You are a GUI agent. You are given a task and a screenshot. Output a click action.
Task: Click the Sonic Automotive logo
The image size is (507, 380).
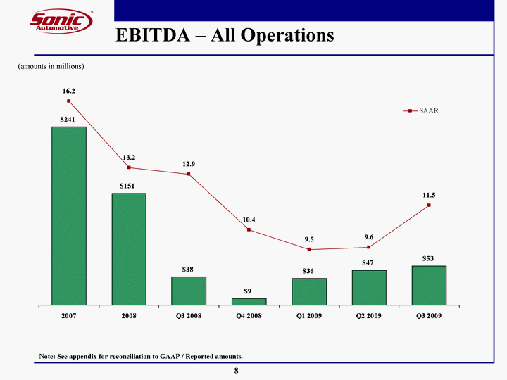pyautogui.click(x=61, y=20)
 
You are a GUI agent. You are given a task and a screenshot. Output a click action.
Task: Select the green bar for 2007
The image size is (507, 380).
pyautogui.click(x=69, y=215)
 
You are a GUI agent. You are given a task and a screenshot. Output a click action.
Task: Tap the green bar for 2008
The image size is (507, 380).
pyautogui.click(x=129, y=248)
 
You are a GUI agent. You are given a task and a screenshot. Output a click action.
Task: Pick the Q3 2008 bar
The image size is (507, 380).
pyautogui.click(x=189, y=291)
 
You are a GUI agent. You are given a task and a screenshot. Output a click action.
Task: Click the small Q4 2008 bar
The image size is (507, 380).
pyautogui.click(x=249, y=301)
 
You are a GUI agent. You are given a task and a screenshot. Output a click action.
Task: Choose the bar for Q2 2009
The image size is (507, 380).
pyautogui.click(x=369, y=287)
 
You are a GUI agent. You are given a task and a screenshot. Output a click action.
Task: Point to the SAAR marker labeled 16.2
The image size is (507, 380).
pyautogui.click(x=69, y=101)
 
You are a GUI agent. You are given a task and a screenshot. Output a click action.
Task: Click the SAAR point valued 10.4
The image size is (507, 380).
pyautogui.click(x=249, y=230)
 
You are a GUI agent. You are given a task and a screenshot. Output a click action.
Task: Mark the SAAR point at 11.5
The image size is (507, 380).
pyautogui.click(x=429, y=205)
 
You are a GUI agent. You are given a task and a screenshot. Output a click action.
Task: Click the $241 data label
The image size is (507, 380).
pyautogui.click(x=68, y=120)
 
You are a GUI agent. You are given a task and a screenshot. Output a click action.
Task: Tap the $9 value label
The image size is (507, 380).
pyautogui.click(x=248, y=291)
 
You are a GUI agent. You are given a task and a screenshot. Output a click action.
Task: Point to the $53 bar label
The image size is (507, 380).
pyautogui.click(x=428, y=258)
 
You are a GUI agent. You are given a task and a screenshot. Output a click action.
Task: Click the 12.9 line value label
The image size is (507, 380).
pyautogui.click(x=189, y=164)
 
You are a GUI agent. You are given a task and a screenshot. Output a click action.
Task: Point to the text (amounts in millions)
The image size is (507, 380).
pyautogui.click(x=51, y=66)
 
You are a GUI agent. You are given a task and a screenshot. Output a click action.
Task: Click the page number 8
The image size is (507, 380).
pyautogui.click(x=236, y=370)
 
